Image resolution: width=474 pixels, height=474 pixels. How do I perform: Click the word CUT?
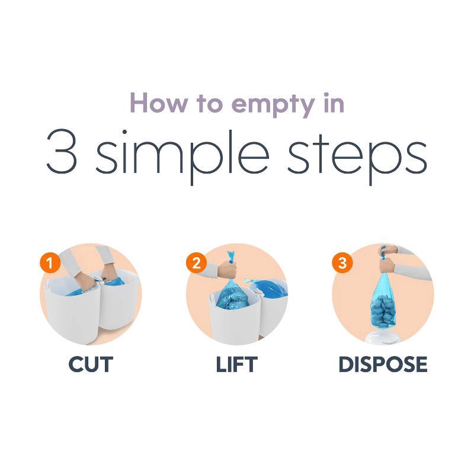pyautogui.click(x=90, y=364)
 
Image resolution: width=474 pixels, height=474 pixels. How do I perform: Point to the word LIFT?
pyautogui.click(x=237, y=364)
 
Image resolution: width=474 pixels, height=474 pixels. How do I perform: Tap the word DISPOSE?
pyautogui.click(x=383, y=364)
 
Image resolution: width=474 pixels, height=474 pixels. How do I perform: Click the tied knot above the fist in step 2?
pyautogui.click(x=231, y=257)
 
